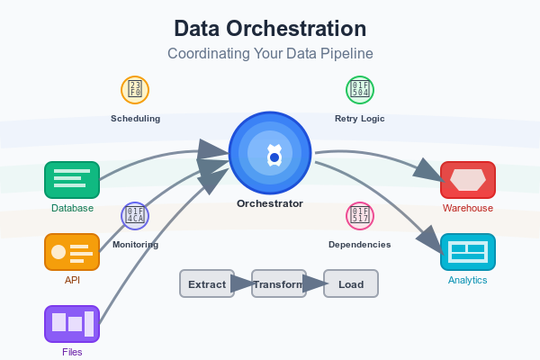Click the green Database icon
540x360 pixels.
pyautogui.click(x=72, y=180)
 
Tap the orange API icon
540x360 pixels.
pyautogui.click(x=72, y=252)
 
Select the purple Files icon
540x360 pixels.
pyautogui.click(x=72, y=324)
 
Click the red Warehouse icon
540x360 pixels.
pyautogui.click(x=468, y=180)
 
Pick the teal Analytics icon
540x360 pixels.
pyautogui.click(x=468, y=252)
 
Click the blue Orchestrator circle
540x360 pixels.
pyautogui.click(x=270, y=157)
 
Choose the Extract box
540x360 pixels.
pyautogui.click(x=207, y=283)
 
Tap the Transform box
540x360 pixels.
pyautogui.click(x=279, y=283)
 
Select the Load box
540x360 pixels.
pyautogui.click(x=351, y=283)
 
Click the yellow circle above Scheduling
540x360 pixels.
pyautogui.click(x=135, y=90)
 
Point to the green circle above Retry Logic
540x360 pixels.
pyautogui.click(x=360, y=90)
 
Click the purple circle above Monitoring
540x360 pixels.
pyautogui.click(x=135, y=216)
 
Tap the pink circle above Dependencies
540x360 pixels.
pyautogui.click(x=360, y=216)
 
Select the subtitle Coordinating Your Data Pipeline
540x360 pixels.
pyautogui.click(x=270, y=54)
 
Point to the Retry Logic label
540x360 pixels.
pyautogui.click(x=360, y=118)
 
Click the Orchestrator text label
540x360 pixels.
pyautogui.click(x=270, y=203)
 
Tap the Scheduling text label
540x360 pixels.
pyautogui.click(x=135, y=118)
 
